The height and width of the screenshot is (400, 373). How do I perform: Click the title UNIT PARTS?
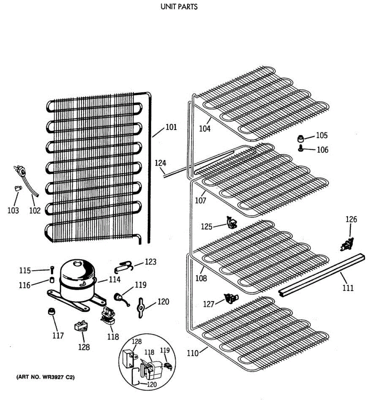pyautogui.click(x=179, y=7)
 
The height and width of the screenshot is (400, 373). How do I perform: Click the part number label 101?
pyautogui.click(x=171, y=127)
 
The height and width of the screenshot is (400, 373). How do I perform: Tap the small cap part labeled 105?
pyautogui.click(x=301, y=138)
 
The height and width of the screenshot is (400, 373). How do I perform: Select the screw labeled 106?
pyautogui.click(x=301, y=148)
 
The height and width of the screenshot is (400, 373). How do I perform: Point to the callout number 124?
pyautogui.click(x=160, y=163)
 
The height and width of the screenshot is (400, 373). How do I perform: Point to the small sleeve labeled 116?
pyautogui.click(x=52, y=280)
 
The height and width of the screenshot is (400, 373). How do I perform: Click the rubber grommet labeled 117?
pyautogui.click(x=51, y=312)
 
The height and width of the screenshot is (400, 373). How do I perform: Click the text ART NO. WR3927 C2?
pyautogui.click(x=45, y=378)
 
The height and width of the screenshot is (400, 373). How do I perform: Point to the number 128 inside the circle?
pyautogui.click(x=137, y=341)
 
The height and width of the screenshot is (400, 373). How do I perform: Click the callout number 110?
pyautogui.click(x=193, y=353)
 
